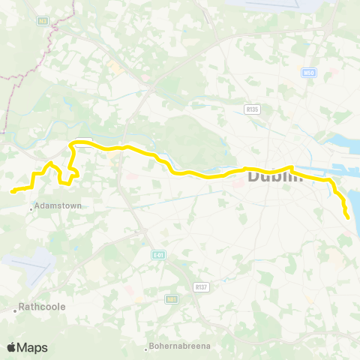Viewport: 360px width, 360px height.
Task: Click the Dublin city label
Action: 274,177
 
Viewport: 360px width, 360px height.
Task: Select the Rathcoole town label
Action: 43,307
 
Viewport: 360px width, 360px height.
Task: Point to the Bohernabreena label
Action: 179,346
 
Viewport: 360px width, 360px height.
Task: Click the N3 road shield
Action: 42,21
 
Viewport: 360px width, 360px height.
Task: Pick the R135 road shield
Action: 253,109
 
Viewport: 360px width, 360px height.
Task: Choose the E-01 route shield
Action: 157,255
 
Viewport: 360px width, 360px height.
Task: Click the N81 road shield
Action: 172,298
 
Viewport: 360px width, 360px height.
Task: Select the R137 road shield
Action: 200,286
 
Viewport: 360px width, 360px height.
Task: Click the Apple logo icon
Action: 11,347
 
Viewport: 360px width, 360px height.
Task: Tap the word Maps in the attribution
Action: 33,347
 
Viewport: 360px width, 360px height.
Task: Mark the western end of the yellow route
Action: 13,191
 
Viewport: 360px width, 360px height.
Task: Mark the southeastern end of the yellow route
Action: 348,217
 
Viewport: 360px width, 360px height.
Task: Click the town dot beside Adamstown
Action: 31,208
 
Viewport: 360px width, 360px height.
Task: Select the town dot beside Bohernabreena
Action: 146,347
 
